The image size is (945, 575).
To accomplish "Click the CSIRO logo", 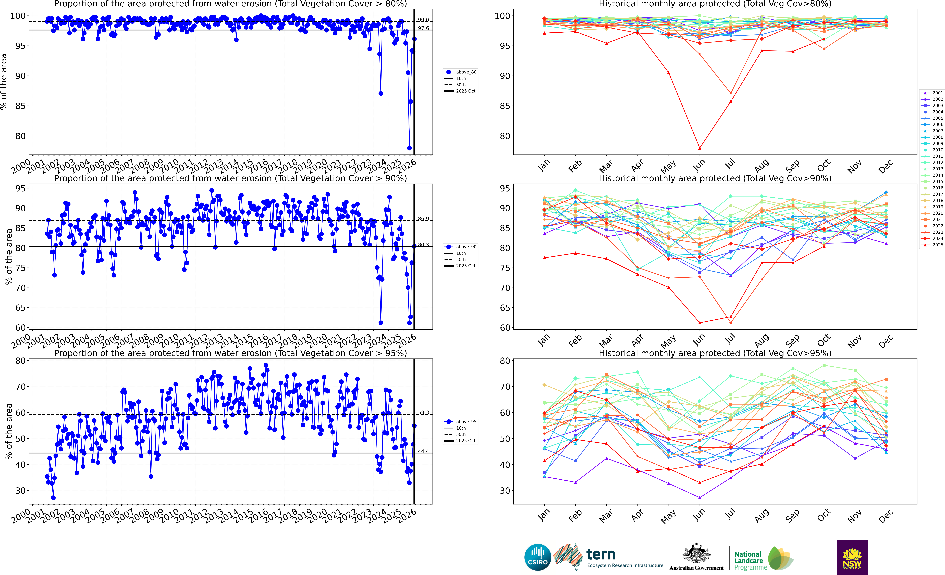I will point(538,557).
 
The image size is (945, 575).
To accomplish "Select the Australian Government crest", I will point(696,553).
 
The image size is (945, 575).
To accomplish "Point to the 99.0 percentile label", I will point(423,20).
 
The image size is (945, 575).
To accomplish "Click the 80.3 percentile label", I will point(423,245).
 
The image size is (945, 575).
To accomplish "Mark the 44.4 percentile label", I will point(423,451).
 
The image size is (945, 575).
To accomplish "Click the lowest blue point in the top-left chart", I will point(409,148).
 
